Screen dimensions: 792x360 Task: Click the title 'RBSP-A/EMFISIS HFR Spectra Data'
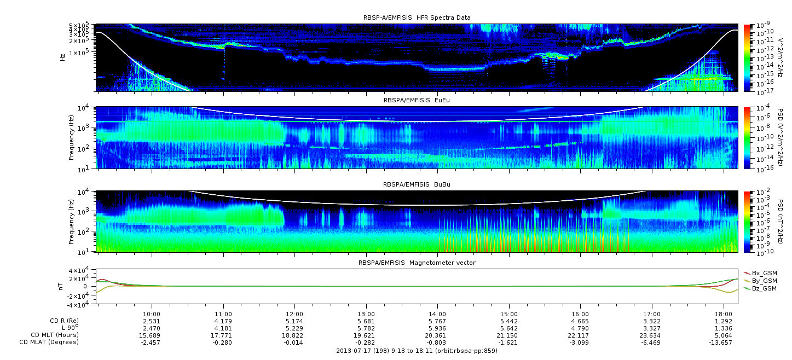tap(417, 18)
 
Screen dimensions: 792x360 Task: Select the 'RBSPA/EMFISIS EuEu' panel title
tap(417, 100)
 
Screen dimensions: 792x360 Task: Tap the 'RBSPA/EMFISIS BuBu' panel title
tap(417, 184)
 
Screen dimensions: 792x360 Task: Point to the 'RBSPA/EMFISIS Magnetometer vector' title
tap(417, 263)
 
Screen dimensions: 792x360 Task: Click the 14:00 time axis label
tap(437, 314)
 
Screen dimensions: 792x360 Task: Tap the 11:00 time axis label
tap(223, 314)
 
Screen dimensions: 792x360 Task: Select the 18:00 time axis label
tap(724, 314)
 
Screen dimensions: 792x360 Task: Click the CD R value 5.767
tap(437, 322)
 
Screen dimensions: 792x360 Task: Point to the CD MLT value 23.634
tap(652, 335)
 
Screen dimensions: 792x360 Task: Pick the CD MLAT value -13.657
tap(721, 342)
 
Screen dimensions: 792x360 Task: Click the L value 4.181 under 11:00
tap(223, 329)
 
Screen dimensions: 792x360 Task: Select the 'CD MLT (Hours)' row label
tap(55, 335)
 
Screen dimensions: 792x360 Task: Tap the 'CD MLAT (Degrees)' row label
tap(49, 342)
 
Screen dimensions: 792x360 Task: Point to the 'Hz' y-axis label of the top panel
tap(63, 57)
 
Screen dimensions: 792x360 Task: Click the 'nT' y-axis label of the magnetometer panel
tap(60, 287)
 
